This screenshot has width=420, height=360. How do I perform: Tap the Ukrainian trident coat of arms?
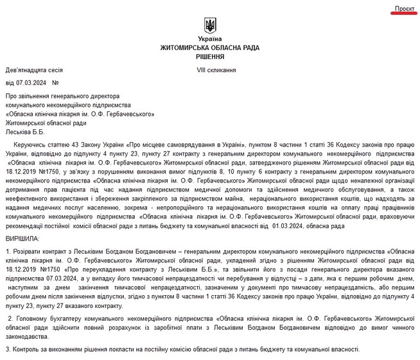click(209, 26)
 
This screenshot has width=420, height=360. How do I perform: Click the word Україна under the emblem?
click(209, 40)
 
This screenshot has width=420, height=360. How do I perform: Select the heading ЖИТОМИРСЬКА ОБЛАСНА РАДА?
click(209, 48)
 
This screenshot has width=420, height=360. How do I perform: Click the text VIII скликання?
click(216, 69)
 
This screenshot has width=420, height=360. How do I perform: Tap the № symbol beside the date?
click(55, 83)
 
